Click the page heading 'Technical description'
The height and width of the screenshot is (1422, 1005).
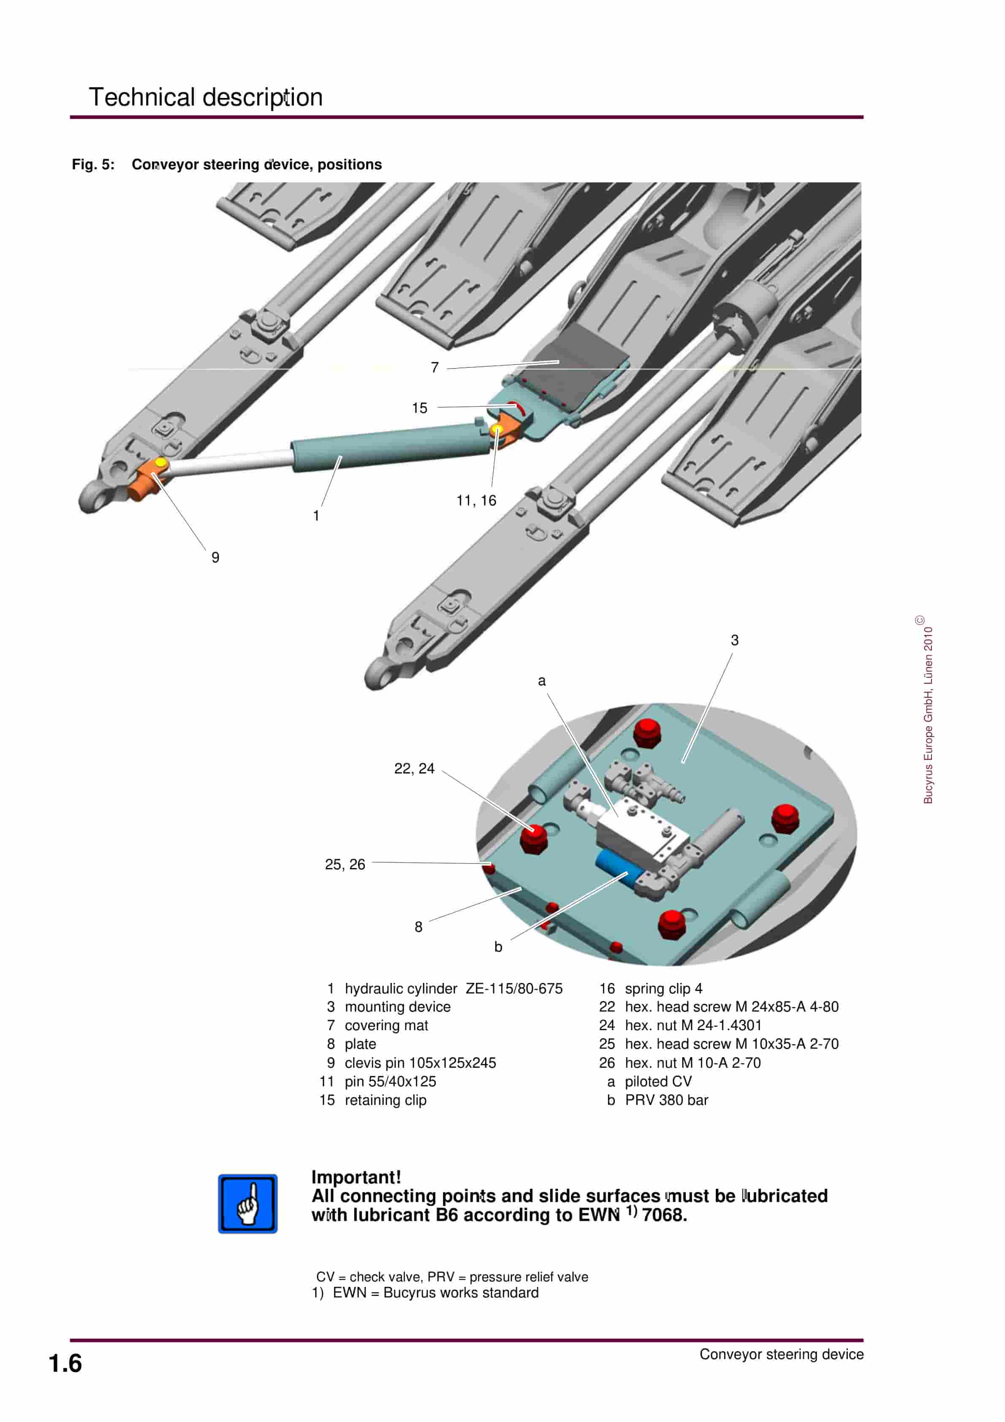[x=205, y=97]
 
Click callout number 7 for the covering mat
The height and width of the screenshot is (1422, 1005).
[x=435, y=368]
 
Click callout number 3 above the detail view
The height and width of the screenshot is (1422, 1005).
[x=734, y=640]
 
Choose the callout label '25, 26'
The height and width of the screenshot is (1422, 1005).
[x=345, y=865]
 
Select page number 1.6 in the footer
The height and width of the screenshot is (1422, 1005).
[x=65, y=1364]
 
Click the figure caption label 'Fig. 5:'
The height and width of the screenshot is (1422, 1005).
[x=93, y=165]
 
